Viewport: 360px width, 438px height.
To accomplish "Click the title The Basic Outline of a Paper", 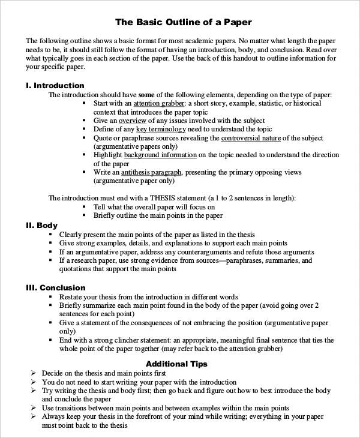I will tap(183, 22).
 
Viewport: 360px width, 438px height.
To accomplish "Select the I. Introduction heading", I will tap(55, 85).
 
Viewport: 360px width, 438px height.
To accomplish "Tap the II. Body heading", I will tap(41, 225).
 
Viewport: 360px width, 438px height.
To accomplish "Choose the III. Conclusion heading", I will tap(55, 287).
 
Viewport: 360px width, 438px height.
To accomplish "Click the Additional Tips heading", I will tap(176, 364).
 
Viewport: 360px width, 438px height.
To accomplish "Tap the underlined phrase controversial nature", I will tap(251, 138).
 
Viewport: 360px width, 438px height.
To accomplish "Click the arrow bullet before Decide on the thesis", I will tap(34, 373).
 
